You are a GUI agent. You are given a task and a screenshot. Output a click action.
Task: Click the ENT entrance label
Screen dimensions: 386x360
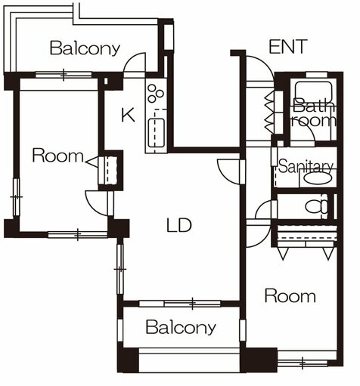[x=288, y=47]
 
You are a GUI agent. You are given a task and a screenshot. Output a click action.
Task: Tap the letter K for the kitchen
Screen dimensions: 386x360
[x=128, y=115]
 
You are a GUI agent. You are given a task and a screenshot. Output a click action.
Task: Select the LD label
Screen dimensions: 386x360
[x=178, y=225]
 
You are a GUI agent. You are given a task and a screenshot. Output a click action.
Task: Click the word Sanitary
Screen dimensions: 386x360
[x=306, y=166]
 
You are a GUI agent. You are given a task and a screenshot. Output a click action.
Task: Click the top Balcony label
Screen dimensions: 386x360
[x=85, y=48]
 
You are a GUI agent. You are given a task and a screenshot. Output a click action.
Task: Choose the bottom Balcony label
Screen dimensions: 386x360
[x=181, y=328]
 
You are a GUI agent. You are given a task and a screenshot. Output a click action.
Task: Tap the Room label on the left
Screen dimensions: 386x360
[x=57, y=156]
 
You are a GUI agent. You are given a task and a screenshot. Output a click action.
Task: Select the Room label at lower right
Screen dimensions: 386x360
[x=290, y=295]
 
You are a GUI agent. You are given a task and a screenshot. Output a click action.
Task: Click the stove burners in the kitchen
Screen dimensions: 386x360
[x=157, y=94]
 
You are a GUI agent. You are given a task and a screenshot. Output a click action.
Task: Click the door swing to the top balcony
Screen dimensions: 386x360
[x=137, y=65]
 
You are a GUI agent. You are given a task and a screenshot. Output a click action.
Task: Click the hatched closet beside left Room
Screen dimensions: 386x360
[x=112, y=168]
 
